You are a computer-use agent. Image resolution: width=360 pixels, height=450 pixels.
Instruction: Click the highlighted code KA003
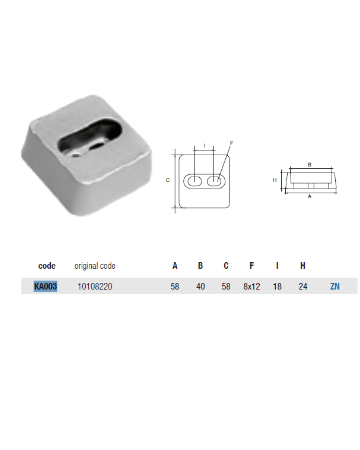45,286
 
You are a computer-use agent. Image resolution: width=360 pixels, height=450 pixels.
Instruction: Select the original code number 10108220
95,286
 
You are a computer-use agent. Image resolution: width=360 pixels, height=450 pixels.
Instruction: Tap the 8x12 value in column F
251,286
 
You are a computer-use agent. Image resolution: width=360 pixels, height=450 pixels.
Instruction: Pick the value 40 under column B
200,286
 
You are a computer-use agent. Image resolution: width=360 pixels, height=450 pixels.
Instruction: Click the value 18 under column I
277,286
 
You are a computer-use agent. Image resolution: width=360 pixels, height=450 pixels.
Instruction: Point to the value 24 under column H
303,286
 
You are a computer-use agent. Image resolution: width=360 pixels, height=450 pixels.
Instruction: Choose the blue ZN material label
335,286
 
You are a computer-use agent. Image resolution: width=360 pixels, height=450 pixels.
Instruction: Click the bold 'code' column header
47,266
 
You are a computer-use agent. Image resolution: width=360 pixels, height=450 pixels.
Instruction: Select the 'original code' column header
95,266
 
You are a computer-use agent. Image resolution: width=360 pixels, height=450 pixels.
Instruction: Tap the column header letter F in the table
252,266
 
